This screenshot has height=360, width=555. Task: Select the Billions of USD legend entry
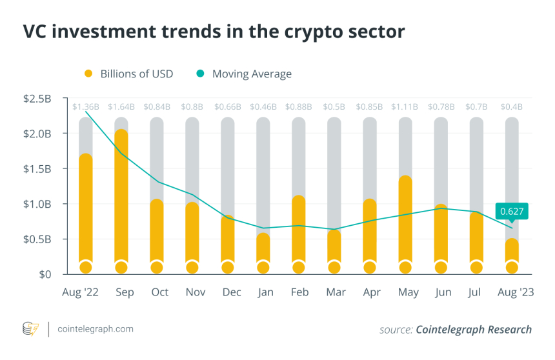129,74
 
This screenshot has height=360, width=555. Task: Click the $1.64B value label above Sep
121,106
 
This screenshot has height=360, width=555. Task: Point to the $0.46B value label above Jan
263,106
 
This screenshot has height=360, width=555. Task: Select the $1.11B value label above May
405,106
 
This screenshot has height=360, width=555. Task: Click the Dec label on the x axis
232,292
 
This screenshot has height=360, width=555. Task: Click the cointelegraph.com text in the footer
95,329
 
